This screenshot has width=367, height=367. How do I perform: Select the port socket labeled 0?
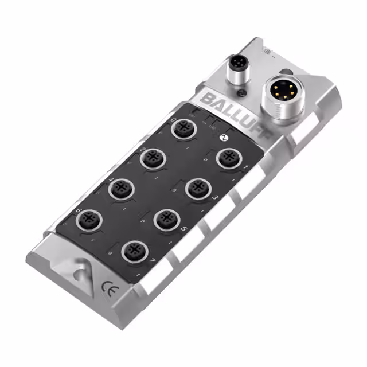185,130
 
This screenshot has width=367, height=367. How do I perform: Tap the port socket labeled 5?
167,218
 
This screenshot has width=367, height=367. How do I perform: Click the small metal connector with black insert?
237,65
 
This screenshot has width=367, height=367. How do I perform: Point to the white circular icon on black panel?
224,138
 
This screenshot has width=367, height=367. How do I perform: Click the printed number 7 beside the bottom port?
151,262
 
